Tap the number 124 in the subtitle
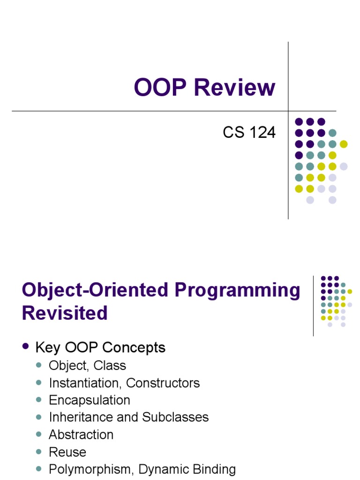click(261, 133)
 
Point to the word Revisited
click(65, 313)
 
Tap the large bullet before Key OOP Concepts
click(26, 346)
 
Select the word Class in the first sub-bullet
click(111, 366)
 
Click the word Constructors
click(163, 383)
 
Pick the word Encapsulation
click(90, 400)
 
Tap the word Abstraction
click(81, 435)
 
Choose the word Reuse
click(67, 452)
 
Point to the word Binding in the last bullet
click(214, 469)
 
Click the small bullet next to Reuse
click(39, 452)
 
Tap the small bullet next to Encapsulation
click(39, 400)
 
